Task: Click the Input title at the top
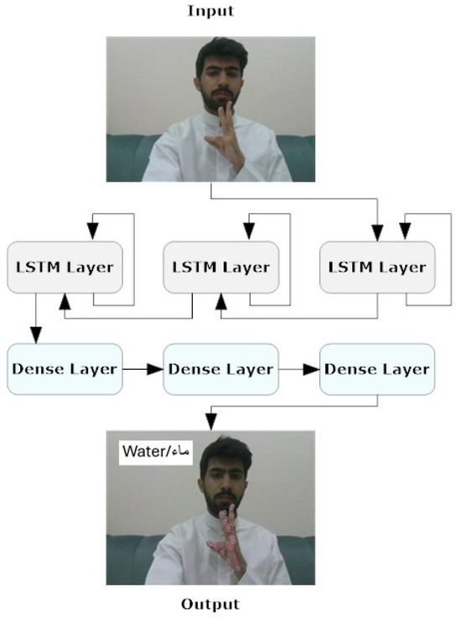[210, 11]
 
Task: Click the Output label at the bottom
[210, 604]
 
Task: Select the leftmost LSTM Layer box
[65, 267]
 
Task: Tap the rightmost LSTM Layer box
[377, 267]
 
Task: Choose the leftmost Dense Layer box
[65, 368]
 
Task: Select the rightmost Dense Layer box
[377, 368]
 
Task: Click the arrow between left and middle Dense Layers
[143, 368]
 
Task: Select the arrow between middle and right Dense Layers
[299, 368]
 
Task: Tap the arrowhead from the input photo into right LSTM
[377, 232]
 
